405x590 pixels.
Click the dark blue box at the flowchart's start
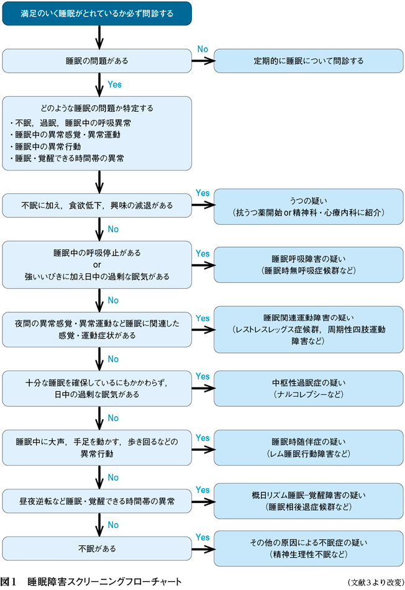coord(96,12)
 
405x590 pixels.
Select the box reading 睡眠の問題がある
coord(96,61)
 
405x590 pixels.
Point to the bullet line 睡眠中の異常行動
coord(43,147)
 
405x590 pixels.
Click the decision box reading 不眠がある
coord(96,548)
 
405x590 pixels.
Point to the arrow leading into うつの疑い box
coord(202,206)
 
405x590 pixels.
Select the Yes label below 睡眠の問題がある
coord(115,84)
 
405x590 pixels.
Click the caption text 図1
coord(9,582)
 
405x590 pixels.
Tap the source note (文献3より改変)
coord(375,583)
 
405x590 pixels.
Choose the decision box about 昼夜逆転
coord(96,501)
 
